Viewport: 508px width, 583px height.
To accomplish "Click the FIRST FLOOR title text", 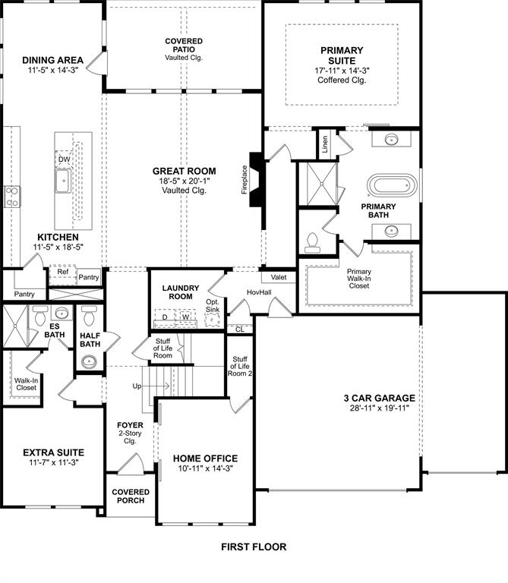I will click(254, 547).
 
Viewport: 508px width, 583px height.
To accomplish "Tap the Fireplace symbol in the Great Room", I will click(257, 181).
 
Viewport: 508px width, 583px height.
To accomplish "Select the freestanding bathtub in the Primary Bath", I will click(392, 186).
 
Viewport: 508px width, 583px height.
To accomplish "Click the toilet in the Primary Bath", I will click(311, 242).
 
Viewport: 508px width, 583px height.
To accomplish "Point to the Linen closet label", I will click(325, 144).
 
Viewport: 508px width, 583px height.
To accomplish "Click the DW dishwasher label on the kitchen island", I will click(64, 159).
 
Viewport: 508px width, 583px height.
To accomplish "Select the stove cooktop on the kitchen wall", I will click(12, 197).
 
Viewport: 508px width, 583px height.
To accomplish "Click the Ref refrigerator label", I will click(62, 272).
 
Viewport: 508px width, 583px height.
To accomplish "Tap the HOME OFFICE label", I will click(205, 459).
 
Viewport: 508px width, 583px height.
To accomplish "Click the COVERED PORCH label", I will click(131, 496).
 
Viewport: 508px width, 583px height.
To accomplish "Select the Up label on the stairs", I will click(137, 386).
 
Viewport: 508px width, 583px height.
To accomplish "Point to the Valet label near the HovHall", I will click(278, 278).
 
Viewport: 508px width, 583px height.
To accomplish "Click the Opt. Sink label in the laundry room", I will click(213, 306).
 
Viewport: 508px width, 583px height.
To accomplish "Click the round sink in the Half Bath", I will click(89, 360).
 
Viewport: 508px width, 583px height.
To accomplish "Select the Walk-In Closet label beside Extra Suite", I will click(26, 383).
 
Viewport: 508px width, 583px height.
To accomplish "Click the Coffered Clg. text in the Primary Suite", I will click(341, 80).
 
